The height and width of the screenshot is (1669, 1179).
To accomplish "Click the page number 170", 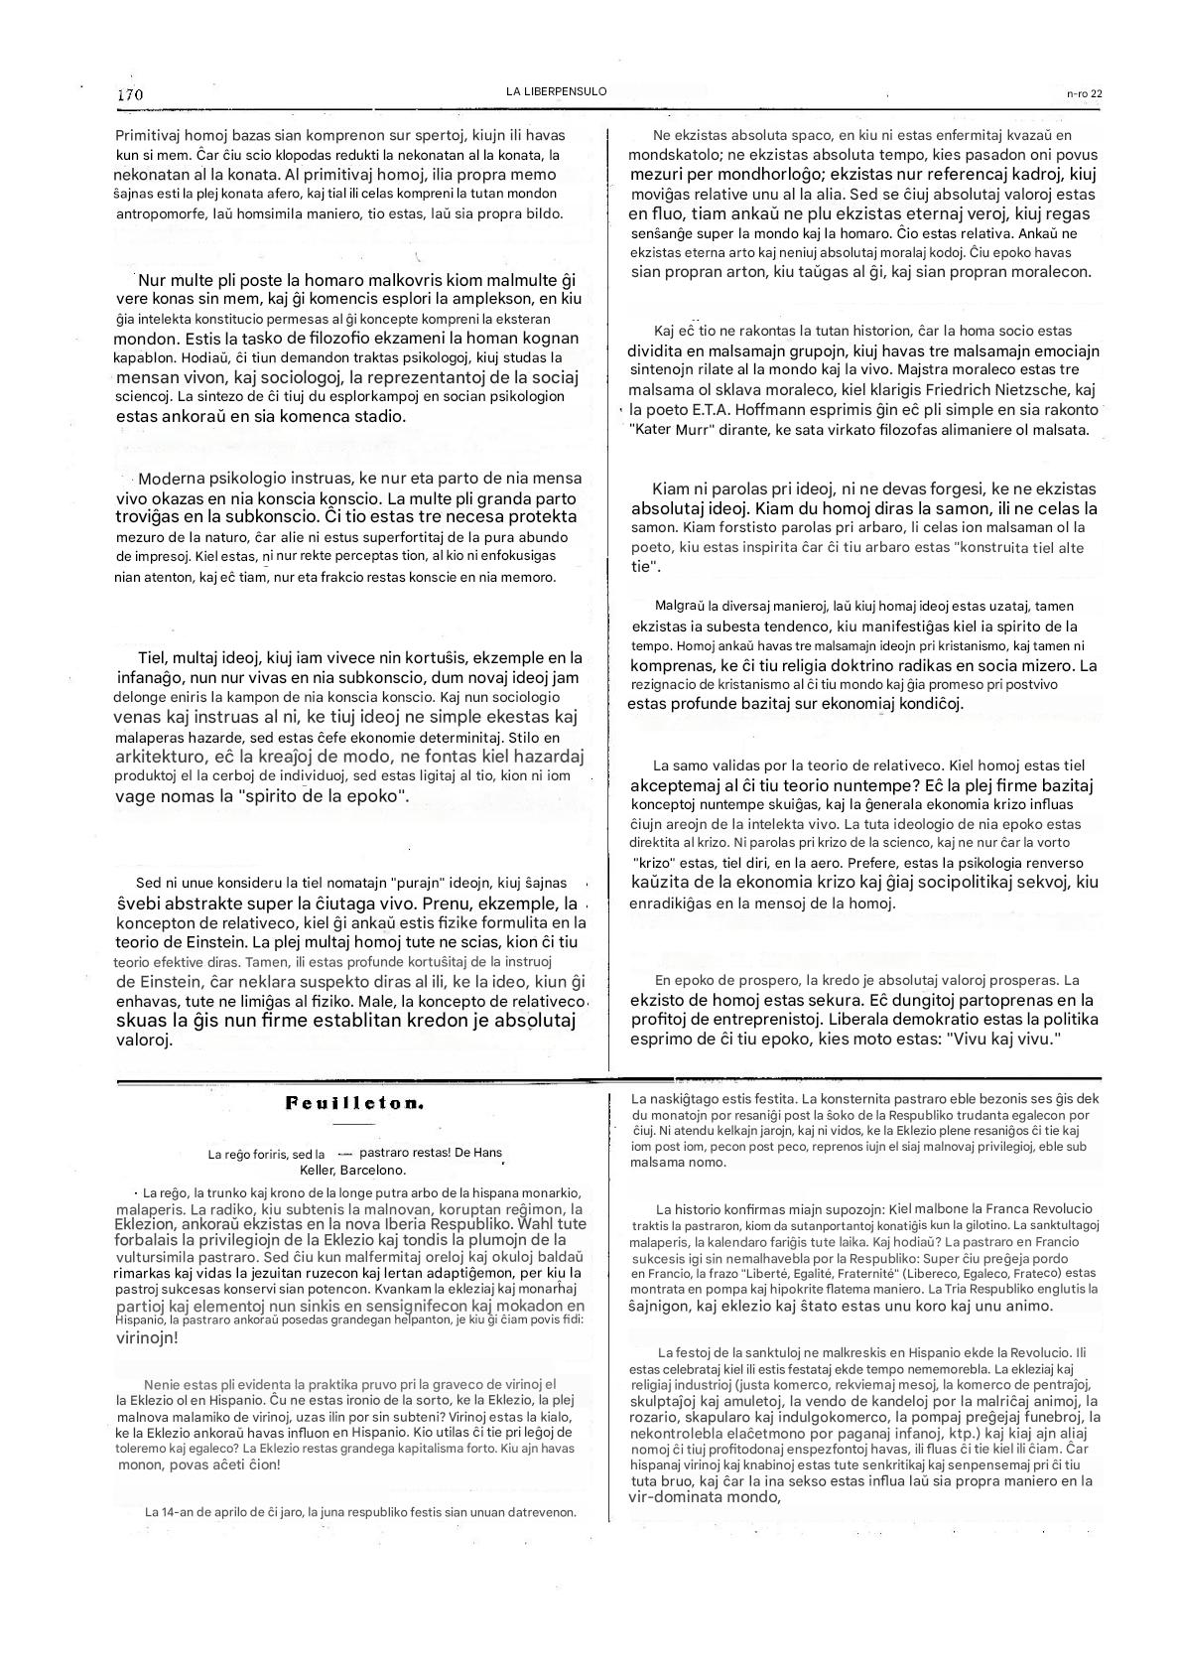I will pyautogui.click(x=130, y=94).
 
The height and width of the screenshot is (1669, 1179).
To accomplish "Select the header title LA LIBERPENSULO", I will pyautogui.click(x=556, y=91).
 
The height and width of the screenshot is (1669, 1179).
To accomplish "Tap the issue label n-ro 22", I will pyautogui.click(x=1084, y=93).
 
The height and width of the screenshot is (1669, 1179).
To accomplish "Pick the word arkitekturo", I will pyautogui.click(x=164, y=758).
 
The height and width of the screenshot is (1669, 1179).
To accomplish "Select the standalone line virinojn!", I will pyautogui.click(x=148, y=1337).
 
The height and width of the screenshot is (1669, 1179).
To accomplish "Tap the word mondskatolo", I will pyautogui.click(x=673, y=155).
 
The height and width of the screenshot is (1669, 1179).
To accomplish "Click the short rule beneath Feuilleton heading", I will pyautogui.click(x=349, y=1124).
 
